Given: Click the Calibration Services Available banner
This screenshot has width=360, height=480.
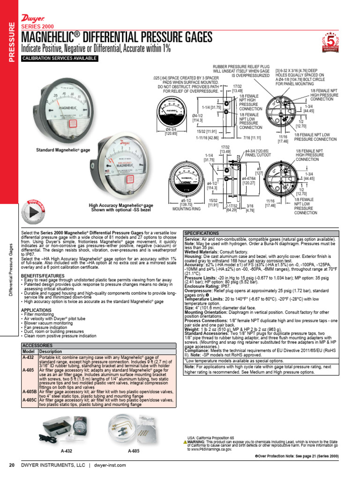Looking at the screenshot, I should click(60, 58).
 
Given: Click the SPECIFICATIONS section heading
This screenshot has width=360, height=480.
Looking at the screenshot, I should click(202, 233).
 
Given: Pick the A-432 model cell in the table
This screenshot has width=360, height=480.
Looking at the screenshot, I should click(28, 357).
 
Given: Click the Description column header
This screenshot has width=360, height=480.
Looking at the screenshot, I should click(51, 351).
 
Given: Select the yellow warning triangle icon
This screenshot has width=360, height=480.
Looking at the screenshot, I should click(186, 442).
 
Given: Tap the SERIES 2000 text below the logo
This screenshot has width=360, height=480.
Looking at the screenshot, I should click(37, 26).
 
